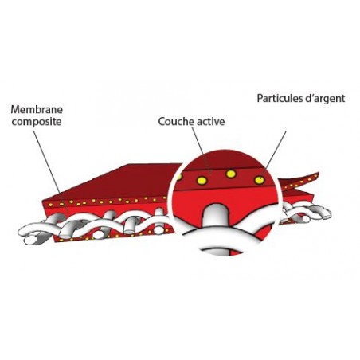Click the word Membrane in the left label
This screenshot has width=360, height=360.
tap(37, 110)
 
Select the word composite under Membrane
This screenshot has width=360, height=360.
tap(37, 122)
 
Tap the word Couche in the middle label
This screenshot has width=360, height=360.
tap(175, 122)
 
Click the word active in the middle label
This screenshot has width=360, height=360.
tap(209, 122)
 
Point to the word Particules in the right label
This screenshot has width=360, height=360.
tap(280, 98)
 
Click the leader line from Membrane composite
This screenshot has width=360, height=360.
tap(47, 162)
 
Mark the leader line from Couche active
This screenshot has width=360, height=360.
tap(202, 149)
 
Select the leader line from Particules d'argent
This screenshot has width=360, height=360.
tap(276, 150)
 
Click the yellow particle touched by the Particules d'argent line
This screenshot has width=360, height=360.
tap(260, 180)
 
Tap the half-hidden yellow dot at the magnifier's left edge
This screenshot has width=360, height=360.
tap(180, 177)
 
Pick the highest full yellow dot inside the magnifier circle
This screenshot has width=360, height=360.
tap(231, 174)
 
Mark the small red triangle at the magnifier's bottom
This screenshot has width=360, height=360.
tap(236, 252)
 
